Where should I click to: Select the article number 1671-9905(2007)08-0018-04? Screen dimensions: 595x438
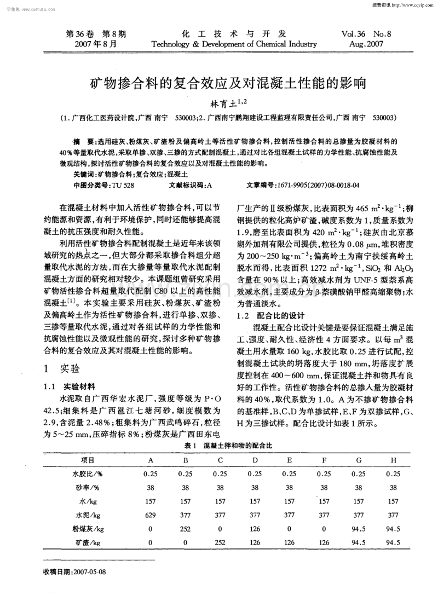(x=319, y=186)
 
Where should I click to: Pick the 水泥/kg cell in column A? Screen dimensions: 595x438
(x=151, y=515)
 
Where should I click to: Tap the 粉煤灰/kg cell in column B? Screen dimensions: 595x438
(x=185, y=529)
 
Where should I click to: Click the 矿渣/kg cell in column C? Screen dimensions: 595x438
(x=220, y=542)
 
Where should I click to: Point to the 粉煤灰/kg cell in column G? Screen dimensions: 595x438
(x=359, y=529)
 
